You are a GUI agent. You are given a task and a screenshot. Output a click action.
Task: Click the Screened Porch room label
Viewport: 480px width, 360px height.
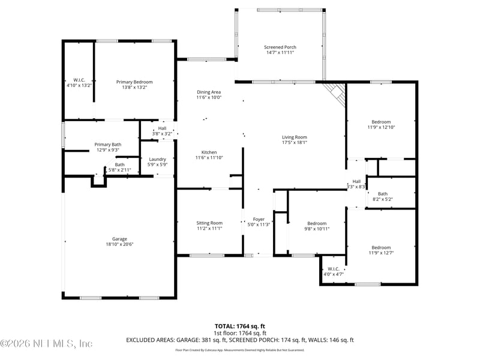pyautogui.click(x=280, y=47)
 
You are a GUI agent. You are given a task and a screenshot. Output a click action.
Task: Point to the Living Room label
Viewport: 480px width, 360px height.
pyautogui.click(x=295, y=137)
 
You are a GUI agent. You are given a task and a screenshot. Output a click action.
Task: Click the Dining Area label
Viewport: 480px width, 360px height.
pyautogui.click(x=209, y=92)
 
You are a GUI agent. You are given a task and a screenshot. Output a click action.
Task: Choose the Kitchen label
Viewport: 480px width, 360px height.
pyautogui.click(x=209, y=152)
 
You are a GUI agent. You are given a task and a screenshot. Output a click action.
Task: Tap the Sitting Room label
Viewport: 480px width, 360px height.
pyautogui.click(x=209, y=223)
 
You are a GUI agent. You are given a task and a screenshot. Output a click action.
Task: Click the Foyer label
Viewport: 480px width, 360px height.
pyautogui.click(x=259, y=220)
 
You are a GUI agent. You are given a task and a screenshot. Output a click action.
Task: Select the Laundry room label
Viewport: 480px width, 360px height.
pyautogui.click(x=157, y=159)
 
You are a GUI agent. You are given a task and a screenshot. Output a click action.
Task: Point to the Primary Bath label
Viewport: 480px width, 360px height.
pyautogui.click(x=108, y=145)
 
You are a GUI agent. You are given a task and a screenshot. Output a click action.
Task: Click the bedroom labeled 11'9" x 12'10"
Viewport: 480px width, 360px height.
pyautogui.click(x=381, y=122)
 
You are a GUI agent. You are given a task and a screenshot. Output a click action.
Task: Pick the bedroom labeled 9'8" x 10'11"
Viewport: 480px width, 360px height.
pyautogui.click(x=317, y=223)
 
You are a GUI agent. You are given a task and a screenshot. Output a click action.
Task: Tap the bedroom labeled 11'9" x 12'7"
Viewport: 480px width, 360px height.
pyautogui.click(x=381, y=248)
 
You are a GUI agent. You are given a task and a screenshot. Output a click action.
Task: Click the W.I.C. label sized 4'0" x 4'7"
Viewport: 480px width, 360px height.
pyautogui.click(x=333, y=269)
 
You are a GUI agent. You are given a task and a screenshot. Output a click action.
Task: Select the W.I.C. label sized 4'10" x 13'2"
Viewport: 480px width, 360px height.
pyautogui.click(x=79, y=80)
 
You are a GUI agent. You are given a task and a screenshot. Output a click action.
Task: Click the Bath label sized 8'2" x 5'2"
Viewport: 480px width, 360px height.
pyautogui.click(x=383, y=194)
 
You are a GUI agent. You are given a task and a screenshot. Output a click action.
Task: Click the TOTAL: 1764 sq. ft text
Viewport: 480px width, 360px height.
pyautogui.click(x=239, y=326)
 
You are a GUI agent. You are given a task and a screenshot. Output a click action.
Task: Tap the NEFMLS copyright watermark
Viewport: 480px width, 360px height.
pyautogui.click(x=46, y=344)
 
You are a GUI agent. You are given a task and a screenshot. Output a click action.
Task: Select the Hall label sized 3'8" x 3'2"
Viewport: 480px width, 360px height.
pyautogui.click(x=162, y=128)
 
